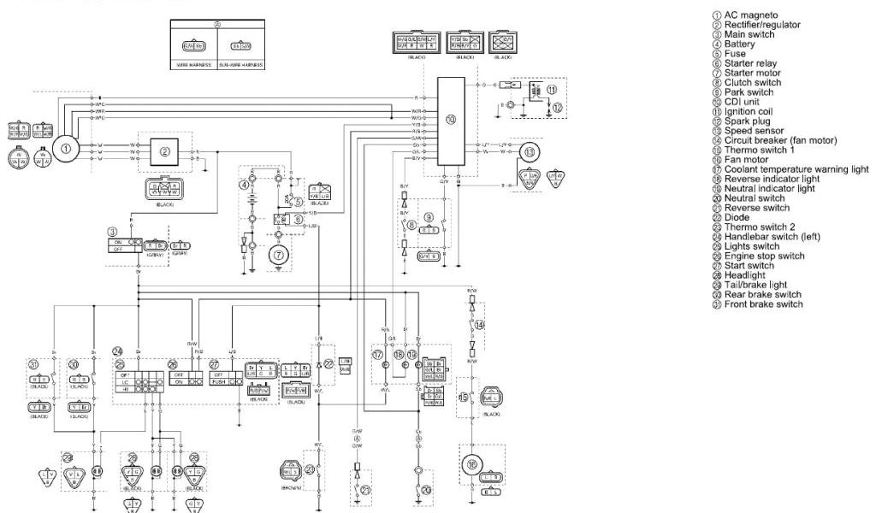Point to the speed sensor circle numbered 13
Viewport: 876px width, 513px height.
coord(532,151)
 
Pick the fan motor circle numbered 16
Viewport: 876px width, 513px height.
coord(471,465)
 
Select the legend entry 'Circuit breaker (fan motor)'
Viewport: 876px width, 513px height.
coord(779,140)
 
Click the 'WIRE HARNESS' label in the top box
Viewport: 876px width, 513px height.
coord(193,64)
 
